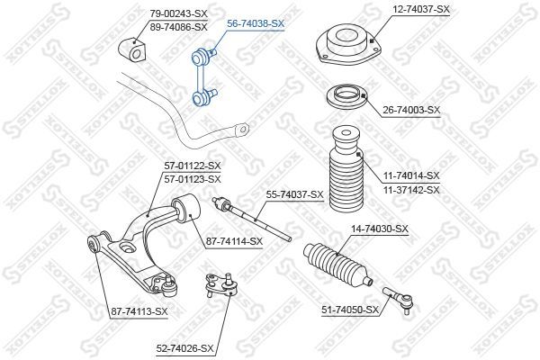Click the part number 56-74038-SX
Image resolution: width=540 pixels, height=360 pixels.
[256, 23]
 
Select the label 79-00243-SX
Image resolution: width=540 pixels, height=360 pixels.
[179, 13]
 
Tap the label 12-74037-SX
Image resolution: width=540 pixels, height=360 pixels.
[421, 9]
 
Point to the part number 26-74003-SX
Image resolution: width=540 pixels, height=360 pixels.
[412, 110]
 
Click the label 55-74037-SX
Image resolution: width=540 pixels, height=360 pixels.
[295, 195]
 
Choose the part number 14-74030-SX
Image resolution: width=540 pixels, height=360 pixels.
[380, 229]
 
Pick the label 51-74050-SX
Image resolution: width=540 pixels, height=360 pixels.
[350, 310]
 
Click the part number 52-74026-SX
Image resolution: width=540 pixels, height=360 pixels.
[184, 348]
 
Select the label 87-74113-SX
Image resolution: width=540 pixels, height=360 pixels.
[139, 311]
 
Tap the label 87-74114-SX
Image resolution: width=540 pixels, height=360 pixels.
[234, 241]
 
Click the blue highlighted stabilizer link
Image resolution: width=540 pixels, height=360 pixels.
[203, 77]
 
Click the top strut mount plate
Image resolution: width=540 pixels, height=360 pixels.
[348, 44]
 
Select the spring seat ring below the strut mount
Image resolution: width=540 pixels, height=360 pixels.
[347, 96]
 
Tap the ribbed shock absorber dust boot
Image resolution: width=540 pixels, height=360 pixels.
[347, 169]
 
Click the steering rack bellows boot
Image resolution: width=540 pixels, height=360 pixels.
[337, 265]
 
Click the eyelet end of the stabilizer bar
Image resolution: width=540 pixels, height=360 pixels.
[242, 130]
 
